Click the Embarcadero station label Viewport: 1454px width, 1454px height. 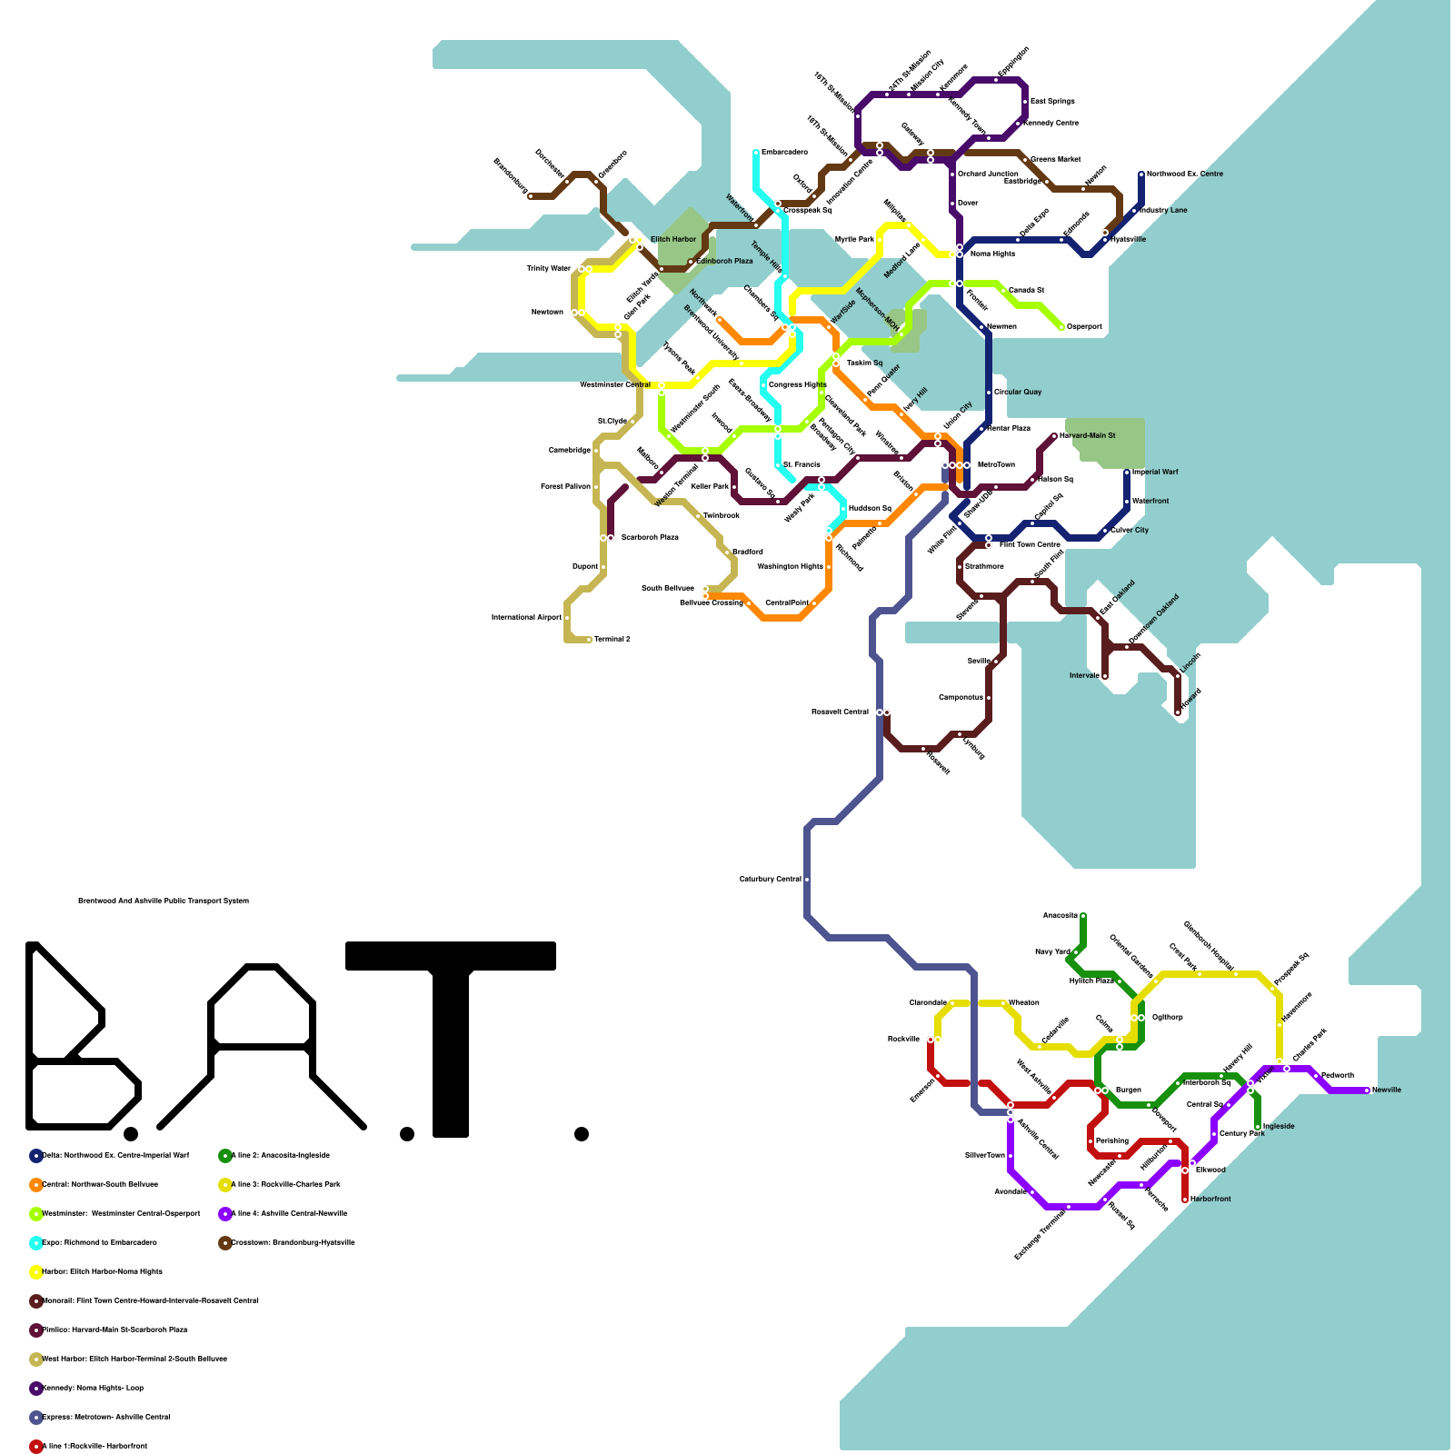[783, 152]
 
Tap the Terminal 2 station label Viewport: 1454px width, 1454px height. [612, 640]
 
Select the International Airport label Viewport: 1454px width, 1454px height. [526, 618]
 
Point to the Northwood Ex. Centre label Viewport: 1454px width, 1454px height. [1184, 174]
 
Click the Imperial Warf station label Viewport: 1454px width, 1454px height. [1155, 472]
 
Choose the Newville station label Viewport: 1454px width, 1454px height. [1387, 1090]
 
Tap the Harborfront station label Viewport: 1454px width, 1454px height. [1210, 1200]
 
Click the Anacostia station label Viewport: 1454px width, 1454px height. [1060, 916]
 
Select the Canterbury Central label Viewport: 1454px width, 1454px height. [770, 880]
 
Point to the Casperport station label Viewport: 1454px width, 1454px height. [1084, 327]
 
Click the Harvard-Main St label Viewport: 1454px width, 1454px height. [1087, 436]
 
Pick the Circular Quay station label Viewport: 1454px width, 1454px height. [1018, 393]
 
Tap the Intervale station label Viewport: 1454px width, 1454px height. [1084, 676]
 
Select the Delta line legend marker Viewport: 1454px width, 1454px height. [36, 1156]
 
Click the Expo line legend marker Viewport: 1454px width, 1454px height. [36, 1243]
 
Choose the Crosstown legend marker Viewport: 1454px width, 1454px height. [225, 1243]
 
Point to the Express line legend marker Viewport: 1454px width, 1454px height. [36, 1418]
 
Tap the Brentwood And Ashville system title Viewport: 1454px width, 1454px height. [164, 901]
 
